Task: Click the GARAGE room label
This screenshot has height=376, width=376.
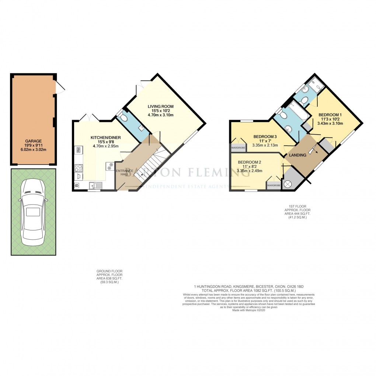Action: click(33, 141)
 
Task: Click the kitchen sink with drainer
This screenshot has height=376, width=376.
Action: click(96, 185)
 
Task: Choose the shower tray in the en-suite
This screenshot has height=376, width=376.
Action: click(314, 86)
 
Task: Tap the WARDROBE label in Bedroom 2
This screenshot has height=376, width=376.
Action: click(274, 185)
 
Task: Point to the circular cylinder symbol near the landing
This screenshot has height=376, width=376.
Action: click(288, 184)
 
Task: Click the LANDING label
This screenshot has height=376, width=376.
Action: click(297, 155)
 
